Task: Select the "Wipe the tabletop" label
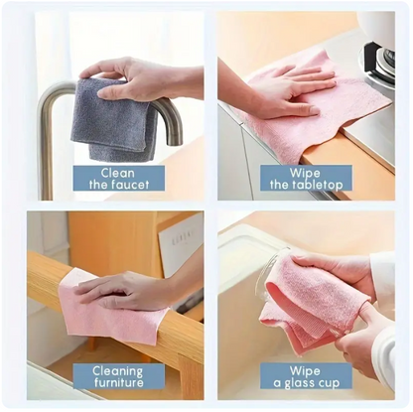pyautogui.click(x=305, y=177)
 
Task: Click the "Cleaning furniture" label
pyautogui.click(x=118, y=377)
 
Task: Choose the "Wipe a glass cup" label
pyautogui.click(x=305, y=377)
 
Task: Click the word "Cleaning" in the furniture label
pyautogui.click(x=118, y=370)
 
